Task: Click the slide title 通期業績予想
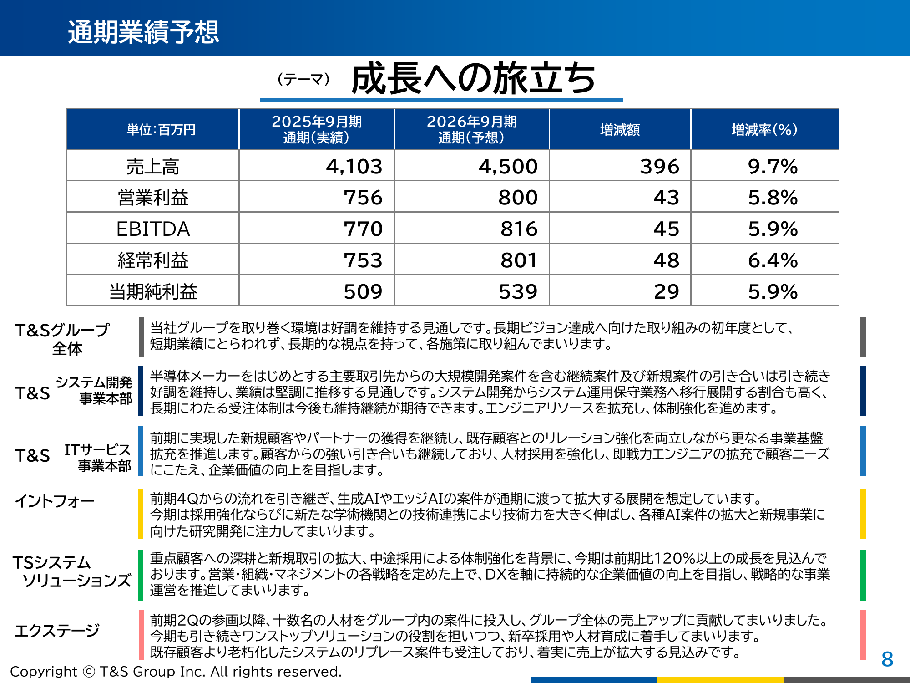click(x=143, y=32)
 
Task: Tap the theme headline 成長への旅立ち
click(x=473, y=79)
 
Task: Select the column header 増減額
click(x=620, y=130)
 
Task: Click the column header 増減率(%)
click(x=764, y=130)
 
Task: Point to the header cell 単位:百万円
click(x=161, y=130)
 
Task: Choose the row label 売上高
click(x=153, y=167)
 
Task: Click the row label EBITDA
click(x=153, y=229)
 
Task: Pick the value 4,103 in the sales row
click(x=354, y=167)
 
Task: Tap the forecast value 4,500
click(x=508, y=167)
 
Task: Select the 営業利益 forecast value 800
click(x=518, y=198)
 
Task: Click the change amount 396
click(x=659, y=167)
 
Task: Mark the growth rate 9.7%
click(x=773, y=167)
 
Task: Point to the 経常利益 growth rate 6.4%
click(x=773, y=260)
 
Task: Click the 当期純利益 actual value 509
click(x=363, y=291)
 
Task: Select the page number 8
click(x=887, y=659)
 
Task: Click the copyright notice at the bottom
click(x=176, y=671)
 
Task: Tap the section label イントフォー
click(x=55, y=501)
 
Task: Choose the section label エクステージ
click(x=57, y=631)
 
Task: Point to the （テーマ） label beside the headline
click(x=303, y=80)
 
